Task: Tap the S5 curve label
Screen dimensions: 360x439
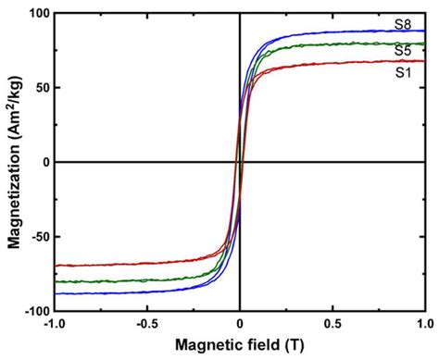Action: tap(402, 53)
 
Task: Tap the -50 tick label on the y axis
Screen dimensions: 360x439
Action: tap(35, 236)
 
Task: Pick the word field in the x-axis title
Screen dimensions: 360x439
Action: tap(261, 345)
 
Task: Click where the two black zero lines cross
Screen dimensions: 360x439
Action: tap(240, 162)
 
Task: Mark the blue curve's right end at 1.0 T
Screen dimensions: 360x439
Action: tap(424, 31)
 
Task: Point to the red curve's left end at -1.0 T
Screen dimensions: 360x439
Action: tap(56, 266)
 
